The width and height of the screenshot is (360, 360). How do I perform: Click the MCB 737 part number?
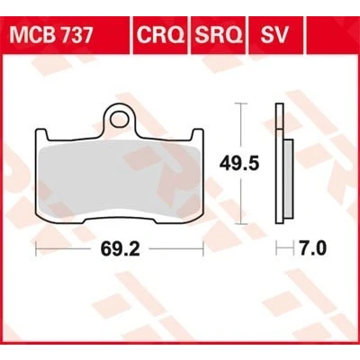(x=50, y=35)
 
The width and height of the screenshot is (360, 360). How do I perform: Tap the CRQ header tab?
(x=160, y=35)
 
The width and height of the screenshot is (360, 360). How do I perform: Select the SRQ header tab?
(x=218, y=35)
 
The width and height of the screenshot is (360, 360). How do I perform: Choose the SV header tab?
(x=274, y=35)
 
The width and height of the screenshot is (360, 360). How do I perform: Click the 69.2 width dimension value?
(x=120, y=248)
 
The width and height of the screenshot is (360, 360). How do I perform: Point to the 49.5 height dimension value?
(x=239, y=164)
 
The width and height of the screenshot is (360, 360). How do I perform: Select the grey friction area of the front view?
(x=120, y=178)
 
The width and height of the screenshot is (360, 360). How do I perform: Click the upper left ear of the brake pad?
(x=41, y=134)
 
